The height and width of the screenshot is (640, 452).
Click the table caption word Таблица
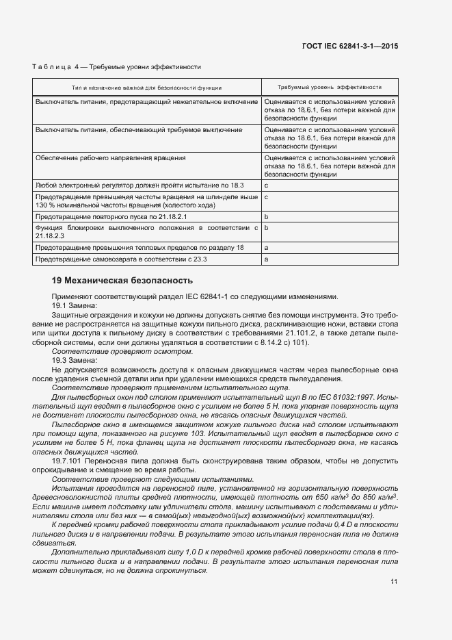click(52, 66)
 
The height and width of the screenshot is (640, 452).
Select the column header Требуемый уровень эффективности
click(329, 88)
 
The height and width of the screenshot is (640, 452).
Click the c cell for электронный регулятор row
click(266, 185)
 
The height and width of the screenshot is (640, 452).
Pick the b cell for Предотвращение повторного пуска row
click(266, 216)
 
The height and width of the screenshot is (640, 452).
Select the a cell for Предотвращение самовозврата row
click(266, 259)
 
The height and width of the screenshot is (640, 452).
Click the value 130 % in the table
click(44, 205)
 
